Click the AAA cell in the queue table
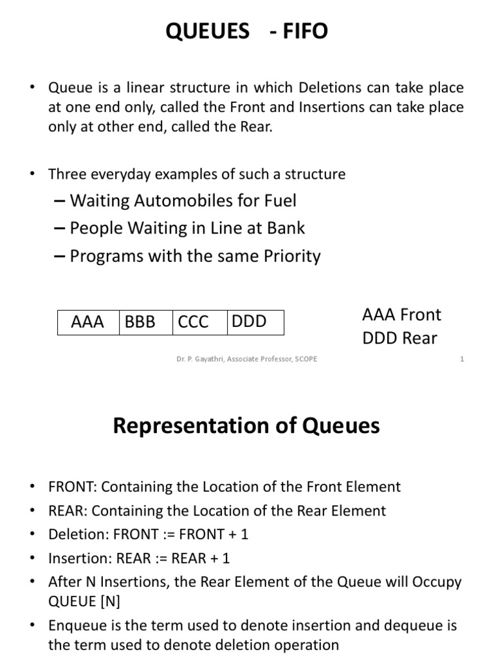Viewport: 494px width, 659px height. pos(87,322)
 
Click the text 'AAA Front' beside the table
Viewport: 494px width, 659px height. pos(402,315)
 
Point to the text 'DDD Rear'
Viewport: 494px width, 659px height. pos(399,338)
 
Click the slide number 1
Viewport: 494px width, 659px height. pos(462,359)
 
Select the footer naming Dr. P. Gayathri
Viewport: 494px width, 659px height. pos(247,359)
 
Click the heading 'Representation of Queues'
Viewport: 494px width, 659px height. pos(246,426)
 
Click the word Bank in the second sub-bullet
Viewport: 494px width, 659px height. pos(287,228)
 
